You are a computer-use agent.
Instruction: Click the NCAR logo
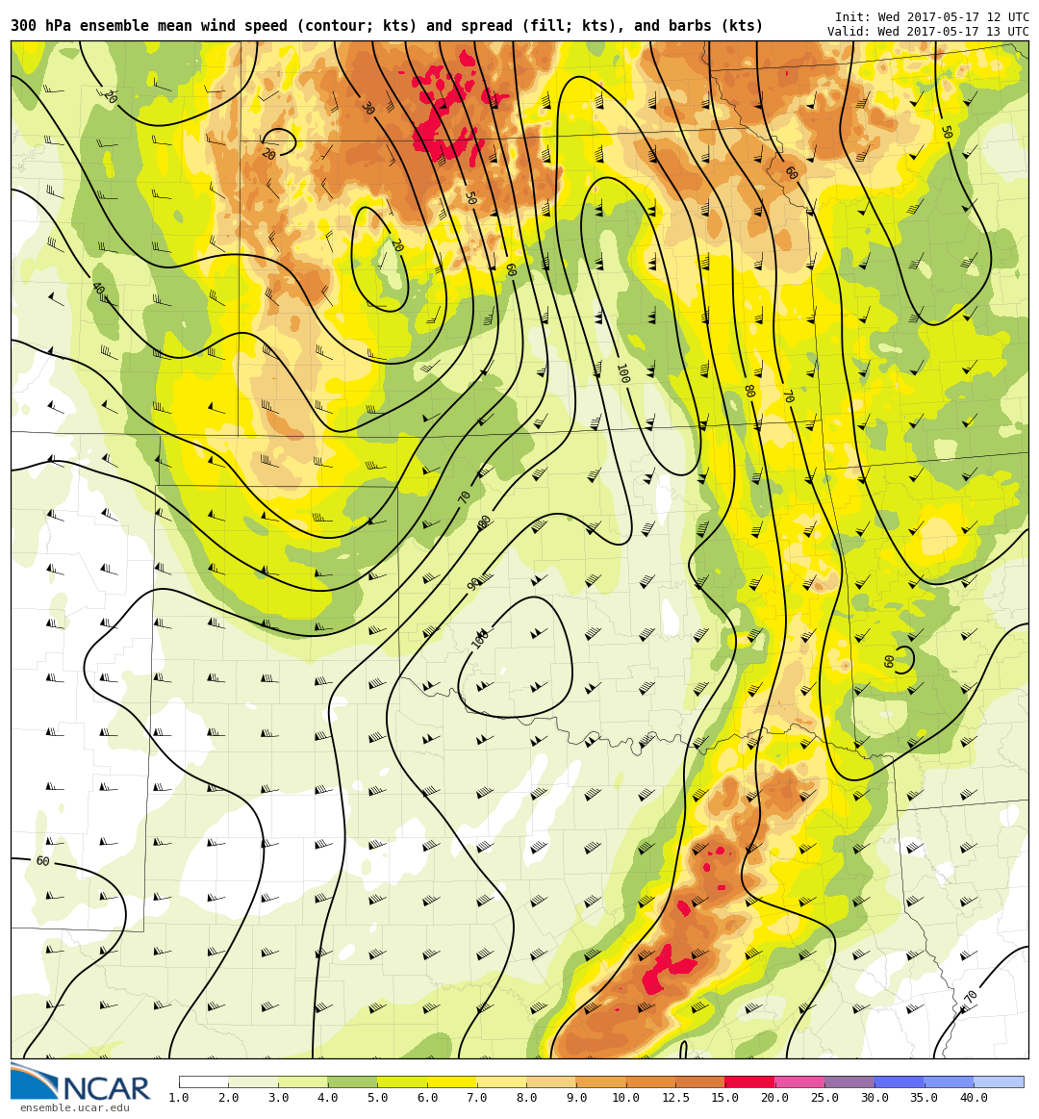[81, 1083]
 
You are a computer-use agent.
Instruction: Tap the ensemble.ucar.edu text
[75, 1108]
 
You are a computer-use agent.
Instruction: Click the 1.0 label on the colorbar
[179, 1098]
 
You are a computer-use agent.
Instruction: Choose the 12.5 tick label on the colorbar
[675, 1098]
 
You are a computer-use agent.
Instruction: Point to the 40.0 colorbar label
[974, 1098]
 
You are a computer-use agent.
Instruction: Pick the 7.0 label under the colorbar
[477, 1098]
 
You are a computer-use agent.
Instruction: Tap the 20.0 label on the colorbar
[774, 1098]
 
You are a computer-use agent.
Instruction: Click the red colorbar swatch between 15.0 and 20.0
[749, 1081]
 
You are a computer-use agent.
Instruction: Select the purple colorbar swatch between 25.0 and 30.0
[849, 1081]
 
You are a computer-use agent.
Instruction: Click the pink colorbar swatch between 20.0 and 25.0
[799, 1081]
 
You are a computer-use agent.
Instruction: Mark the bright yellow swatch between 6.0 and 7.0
[452, 1081]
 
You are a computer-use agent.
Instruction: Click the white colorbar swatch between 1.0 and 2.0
[204, 1081]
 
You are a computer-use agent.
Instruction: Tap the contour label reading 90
[474, 583]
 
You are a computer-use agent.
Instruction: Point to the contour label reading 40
[97, 288]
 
